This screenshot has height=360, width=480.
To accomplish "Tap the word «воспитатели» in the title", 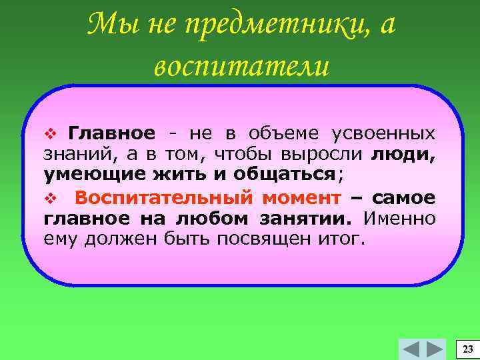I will (241, 67).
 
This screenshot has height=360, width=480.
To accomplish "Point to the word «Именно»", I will (403, 218).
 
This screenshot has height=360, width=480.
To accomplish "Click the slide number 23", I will (467, 349).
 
